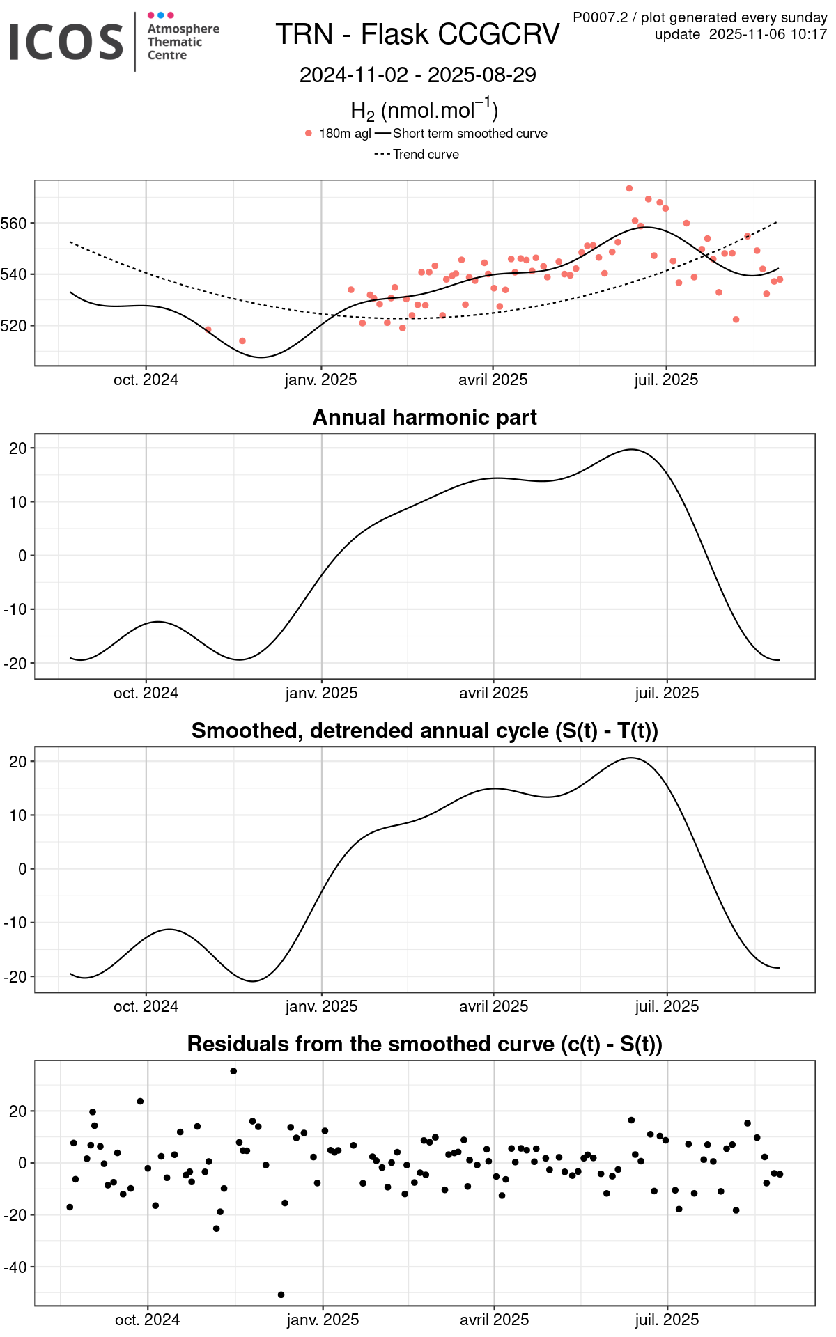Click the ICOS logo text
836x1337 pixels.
pos(66,42)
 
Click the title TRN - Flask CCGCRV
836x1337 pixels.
pos(417,34)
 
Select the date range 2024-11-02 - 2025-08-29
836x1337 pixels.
pos(417,75)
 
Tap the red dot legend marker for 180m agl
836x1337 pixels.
pos(309,133)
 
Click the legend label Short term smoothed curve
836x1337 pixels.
pos(470,133)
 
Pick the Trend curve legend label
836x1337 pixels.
pos(426,154)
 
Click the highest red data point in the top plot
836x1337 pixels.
pos(629,189)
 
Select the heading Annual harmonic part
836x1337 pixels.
pos(424,417)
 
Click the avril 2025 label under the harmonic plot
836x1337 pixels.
pos(493,693)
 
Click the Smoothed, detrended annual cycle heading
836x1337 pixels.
pos(424,730)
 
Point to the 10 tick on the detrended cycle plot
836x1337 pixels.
pos(18,815)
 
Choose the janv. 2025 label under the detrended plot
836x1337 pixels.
pos(321,1006)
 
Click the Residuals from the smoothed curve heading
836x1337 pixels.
pos(424,1044)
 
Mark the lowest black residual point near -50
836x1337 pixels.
pos(281,1295)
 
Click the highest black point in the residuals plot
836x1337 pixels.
pos(233,1071)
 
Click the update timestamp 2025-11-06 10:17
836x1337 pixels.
pos(768,34)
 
